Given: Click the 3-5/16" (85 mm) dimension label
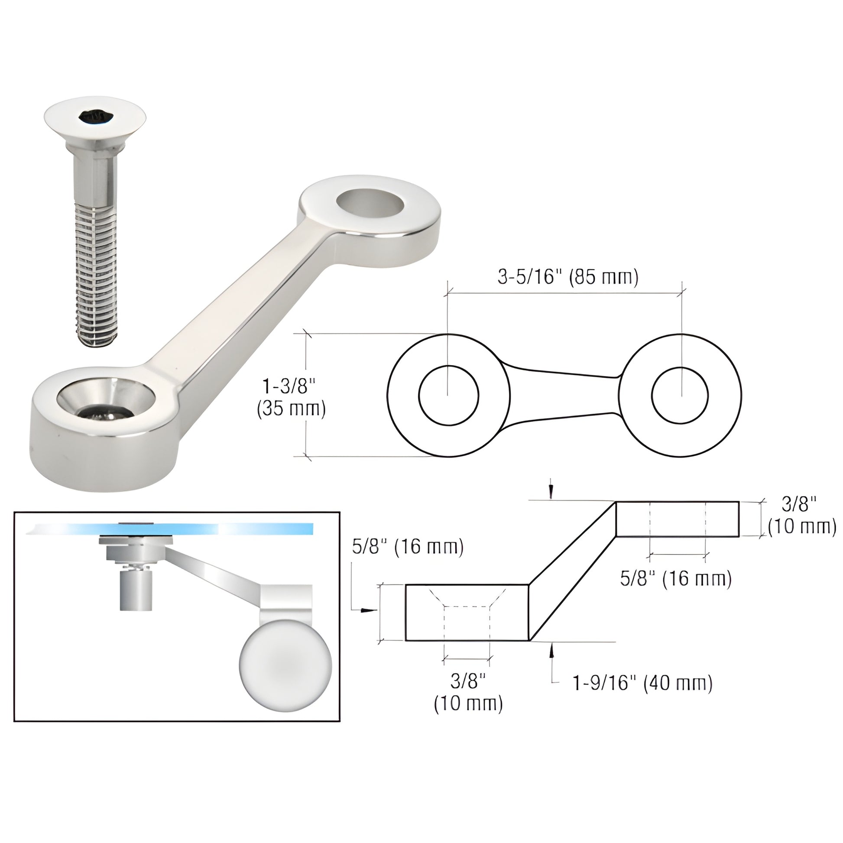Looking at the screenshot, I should click(x=567, y=278).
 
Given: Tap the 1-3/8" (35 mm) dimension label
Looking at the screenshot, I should click(x=291, y=398).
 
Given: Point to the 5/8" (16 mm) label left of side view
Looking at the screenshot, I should click(x=408, y=547).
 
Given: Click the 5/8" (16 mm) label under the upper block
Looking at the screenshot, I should click(x=675, y=579).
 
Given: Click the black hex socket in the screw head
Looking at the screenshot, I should click(x=96, y=117).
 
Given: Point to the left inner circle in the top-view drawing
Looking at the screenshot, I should click(x=448, y=396).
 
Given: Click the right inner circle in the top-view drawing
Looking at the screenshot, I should click(x=680, y=396).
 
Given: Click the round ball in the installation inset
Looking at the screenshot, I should click(x=285, y=667).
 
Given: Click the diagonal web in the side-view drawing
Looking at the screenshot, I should click(x=573, y=572).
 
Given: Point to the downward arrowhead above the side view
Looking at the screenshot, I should click(x=551, y=491).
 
